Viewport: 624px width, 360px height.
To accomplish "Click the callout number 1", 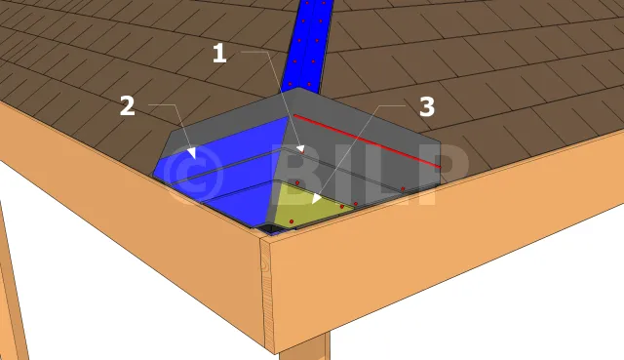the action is [219, 54].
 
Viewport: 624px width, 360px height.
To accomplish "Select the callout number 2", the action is [128, 106].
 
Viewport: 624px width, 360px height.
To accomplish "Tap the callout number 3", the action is [427, 106].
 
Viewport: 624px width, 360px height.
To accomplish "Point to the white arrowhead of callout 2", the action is [191, 153].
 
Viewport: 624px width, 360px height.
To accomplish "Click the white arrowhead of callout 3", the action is [316, 198].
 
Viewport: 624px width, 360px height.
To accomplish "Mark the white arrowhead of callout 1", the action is [301, 149].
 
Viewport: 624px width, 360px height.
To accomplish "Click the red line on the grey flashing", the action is [367, 140].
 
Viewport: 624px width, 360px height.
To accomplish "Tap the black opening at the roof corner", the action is [270, 228].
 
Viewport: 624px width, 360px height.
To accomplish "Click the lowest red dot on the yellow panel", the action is [292, 221].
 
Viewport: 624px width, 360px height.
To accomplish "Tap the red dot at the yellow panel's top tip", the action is [297, 182].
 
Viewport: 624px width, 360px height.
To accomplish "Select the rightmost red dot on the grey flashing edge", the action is [403, 188].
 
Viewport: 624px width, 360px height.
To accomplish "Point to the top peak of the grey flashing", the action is [294, 89].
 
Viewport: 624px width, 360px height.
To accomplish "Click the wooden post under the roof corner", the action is [304, 347].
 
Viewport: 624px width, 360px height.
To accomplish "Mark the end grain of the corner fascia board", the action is [267, 294].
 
